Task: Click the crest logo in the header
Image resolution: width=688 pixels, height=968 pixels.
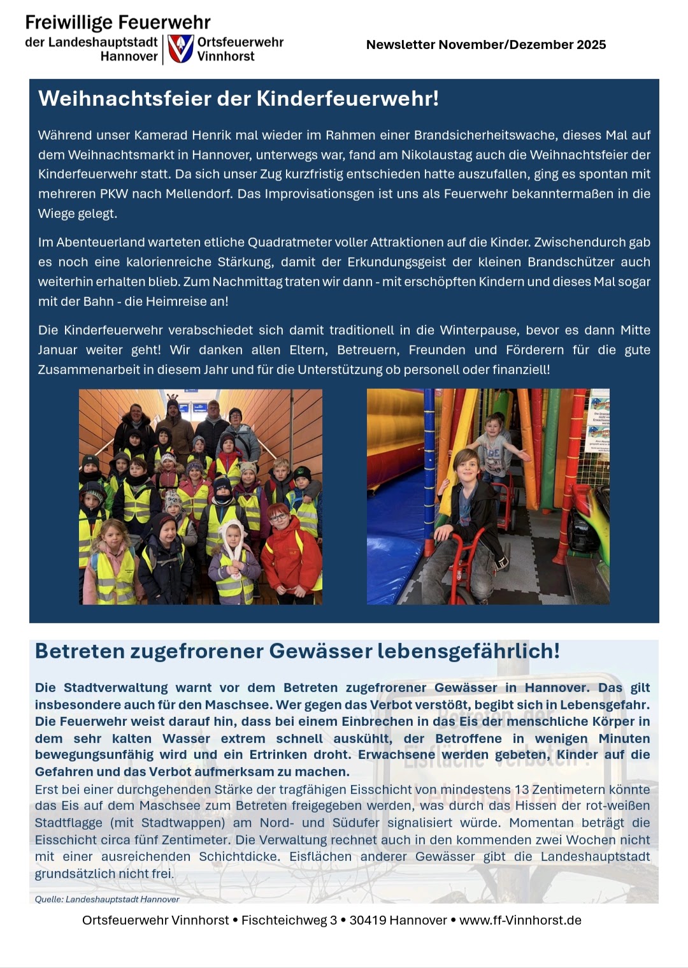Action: coord(181,49)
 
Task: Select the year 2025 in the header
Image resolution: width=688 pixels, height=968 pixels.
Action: coord(591,45)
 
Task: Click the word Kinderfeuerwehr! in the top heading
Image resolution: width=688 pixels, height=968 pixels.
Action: coord(347,99)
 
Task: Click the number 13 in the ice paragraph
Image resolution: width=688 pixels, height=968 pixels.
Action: coord(522,790)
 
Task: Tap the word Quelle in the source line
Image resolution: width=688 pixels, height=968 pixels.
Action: coord(49,899)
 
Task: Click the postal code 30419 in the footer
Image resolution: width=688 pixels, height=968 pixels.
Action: coord(368,920)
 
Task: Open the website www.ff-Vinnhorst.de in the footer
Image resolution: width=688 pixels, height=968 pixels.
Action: coord(520,920)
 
